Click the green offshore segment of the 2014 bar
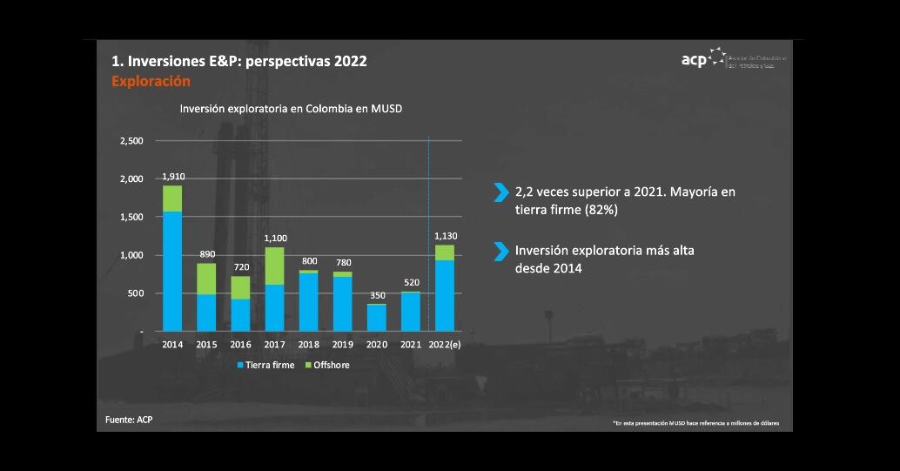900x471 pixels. [172, 198]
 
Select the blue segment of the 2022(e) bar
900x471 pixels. [444, 295]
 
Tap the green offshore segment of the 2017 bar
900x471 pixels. [274, 266]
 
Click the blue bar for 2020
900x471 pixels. [376, 318]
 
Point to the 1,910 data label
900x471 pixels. [173, 177]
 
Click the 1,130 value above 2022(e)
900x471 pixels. [445, 236]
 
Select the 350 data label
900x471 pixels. [376, 295]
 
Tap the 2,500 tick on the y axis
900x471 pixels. [131, 141]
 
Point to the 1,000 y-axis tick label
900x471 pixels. [131, 255]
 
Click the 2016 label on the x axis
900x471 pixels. [240, 345]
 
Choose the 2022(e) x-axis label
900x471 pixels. [447, 345]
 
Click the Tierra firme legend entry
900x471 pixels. [266, 365]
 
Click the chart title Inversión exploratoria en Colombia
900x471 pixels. [291, 109]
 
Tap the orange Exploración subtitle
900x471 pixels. [151, 81]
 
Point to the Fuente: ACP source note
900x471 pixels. [130, 420]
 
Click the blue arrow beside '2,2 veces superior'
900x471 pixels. [500, 192]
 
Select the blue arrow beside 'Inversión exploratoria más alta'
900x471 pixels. [500, 252]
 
